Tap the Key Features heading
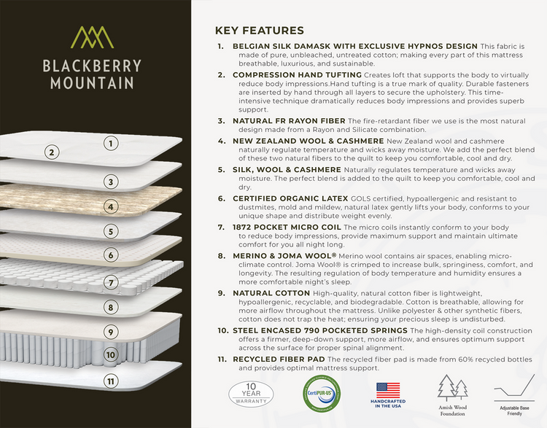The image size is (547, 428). pyautogui.click(x=259, y=31)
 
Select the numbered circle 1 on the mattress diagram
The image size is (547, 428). pyautogui.click(x=111, y=143)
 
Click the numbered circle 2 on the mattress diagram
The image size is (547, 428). pyautogui.click(x=51, y=152)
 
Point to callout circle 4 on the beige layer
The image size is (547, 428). pyautogui.click(x=111, y=206)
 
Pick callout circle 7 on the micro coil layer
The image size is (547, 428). pyautogui.click(x=111, y=282)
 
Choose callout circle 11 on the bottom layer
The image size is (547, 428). pyautogui.click(x=111, y=381)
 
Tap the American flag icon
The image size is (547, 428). pyautogui.click(x=387, y=389)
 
